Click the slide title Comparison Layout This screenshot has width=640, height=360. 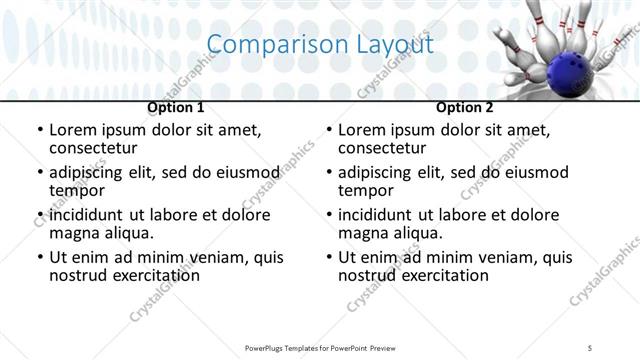(320, 45)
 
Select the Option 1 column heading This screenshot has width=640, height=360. (176, 107)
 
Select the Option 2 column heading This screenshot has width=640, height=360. (464, 107)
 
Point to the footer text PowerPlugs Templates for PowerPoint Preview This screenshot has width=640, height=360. (320, 347)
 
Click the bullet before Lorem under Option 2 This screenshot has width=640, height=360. (329, 131)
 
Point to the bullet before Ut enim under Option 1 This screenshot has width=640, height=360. (40, 258)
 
